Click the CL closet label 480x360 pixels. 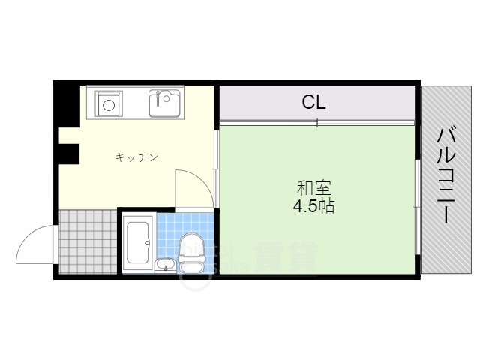click(313, 101)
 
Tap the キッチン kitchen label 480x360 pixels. click(136, 157)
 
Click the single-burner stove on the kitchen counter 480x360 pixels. click(109, 103)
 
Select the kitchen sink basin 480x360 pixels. click(165, 103)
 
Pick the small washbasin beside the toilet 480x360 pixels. click(166, 264)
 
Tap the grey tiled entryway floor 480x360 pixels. click(88, 241)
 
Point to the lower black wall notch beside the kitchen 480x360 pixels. click(70, 153)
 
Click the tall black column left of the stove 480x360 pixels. click(68, 105)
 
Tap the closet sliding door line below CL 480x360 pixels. click(316, 122)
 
